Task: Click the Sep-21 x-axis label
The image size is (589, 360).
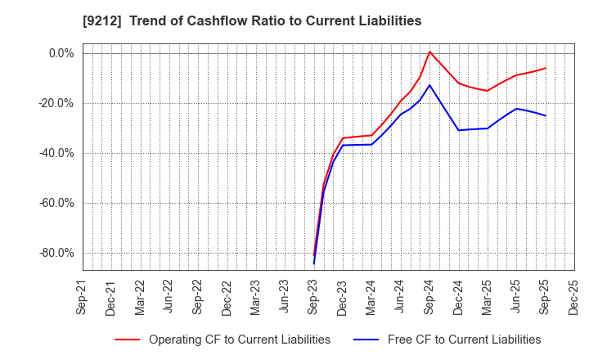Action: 83,296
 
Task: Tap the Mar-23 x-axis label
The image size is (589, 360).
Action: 256,296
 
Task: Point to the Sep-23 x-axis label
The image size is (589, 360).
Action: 314,296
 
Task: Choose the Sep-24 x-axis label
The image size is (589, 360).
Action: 429,296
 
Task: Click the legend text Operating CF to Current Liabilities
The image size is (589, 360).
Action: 239,340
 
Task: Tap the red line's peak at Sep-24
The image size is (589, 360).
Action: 429,52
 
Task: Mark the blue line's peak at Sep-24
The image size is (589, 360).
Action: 429,85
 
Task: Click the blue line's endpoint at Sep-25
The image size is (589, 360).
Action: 546,115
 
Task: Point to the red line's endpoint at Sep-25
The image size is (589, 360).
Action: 546,68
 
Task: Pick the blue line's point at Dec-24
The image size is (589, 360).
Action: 458,130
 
